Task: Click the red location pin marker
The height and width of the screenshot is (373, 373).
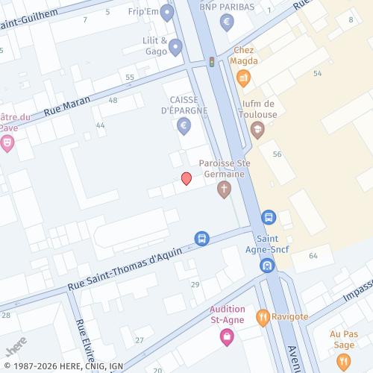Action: (x=186, y=178)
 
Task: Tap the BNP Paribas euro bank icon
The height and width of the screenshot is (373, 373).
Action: (x=227, y=22)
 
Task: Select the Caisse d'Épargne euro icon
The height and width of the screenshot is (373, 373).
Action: (x=184, y=126)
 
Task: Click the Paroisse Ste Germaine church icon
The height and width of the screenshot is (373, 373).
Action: (x=224, y=189)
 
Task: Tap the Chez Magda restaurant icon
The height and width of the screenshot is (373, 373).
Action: (x=243, y=77)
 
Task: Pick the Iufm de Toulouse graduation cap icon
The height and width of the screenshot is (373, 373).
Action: (x=257, y=131)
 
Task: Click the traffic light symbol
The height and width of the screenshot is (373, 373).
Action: (x=212, y=62)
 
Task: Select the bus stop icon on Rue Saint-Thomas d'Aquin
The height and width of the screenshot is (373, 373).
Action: (x=201, y=238)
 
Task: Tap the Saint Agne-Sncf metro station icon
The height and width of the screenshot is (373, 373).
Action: (x=267, y=265)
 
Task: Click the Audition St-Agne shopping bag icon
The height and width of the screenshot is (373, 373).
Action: (x=226, y=336)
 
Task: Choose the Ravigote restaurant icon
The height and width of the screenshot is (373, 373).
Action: (x=263, y=318)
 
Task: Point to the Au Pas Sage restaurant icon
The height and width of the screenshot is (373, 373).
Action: (x=343, y=362)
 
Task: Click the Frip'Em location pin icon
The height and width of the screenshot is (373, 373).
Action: (x=168, y=13)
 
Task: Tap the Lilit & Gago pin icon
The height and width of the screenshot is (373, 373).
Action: (x=175, y=48)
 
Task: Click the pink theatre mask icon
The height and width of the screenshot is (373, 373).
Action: (x=7, y=142)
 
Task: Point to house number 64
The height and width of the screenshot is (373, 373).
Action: (x=313, y=256)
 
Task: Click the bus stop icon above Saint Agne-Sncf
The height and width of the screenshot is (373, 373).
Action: (x=269, y=218)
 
